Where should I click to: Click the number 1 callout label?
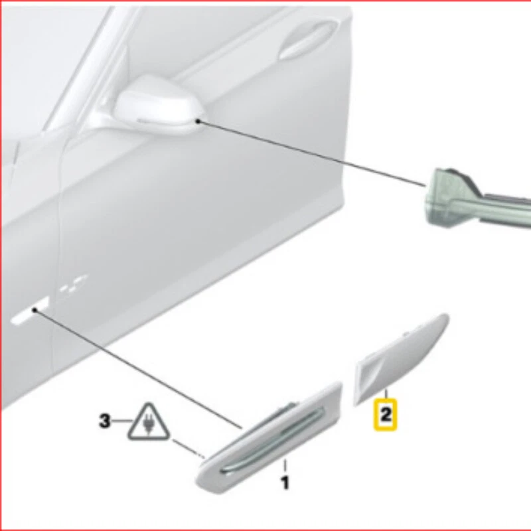[285, 483]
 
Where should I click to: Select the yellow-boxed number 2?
[386, 415]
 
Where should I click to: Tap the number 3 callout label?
[105, 421]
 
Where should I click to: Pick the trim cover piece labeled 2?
[405, 355]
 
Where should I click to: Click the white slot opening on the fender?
[29, 312]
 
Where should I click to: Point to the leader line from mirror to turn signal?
[312, 153]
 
